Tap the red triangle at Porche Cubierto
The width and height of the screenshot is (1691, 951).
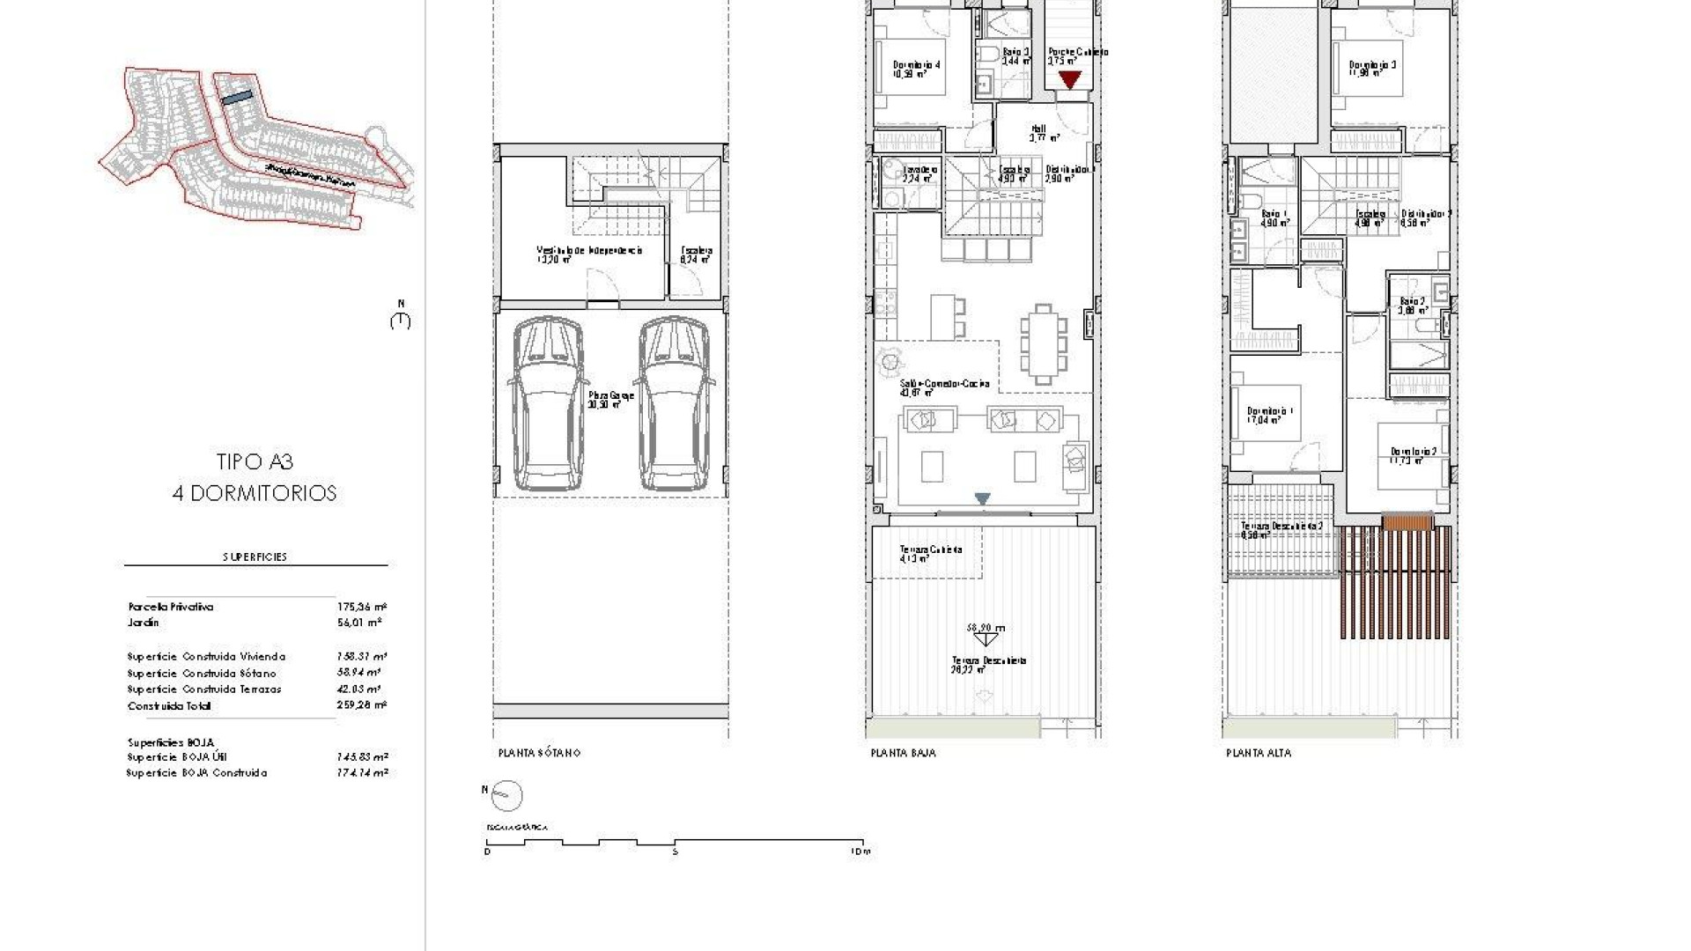point(1069,80)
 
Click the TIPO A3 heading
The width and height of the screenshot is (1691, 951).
point(255,461)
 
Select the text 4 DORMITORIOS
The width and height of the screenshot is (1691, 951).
point(255,493)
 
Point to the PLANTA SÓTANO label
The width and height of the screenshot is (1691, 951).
point(539,753)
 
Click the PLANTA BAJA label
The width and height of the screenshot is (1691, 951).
point(903,753)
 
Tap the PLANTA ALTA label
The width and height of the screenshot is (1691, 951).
point(1259,753)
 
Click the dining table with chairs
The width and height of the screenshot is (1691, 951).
point(1043,343)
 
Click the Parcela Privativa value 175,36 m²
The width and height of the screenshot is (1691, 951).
point(362,607)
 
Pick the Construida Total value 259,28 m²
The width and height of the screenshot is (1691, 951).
point(362,705)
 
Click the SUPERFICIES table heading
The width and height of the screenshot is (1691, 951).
point(255,557)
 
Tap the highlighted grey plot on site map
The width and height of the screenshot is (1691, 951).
point(237,99)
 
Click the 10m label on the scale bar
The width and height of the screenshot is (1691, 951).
point(861,851)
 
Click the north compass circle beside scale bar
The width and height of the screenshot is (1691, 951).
point(506,795)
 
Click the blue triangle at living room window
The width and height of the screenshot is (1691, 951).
point(982,499)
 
